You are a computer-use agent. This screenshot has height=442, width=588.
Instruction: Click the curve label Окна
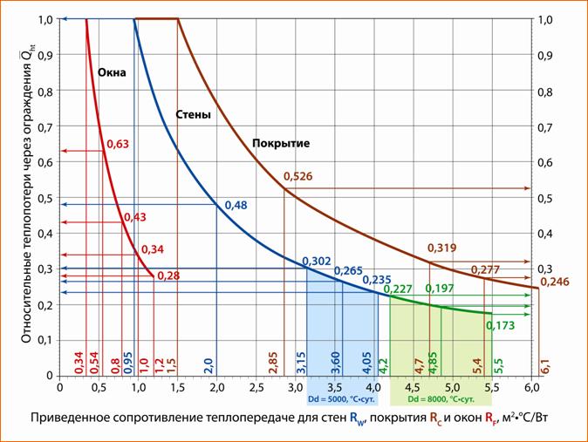(x=112, y=73)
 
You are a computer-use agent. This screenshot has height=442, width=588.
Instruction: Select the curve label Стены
(x=193, y=114)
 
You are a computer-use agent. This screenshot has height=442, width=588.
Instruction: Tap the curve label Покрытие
(x=281, y=142)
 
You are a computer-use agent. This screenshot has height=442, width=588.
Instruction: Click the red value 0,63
(x=118, y=144)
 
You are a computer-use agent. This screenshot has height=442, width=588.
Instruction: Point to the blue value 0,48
(x=236, y=205)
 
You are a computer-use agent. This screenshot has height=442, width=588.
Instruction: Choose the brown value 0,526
(x=298, y=177)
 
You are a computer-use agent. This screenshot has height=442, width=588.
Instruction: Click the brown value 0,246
(x=554, y=282)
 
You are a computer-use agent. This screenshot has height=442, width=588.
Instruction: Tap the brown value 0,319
(x=442, y=248)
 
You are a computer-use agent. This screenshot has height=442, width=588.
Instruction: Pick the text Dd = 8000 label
(x=441, y=398)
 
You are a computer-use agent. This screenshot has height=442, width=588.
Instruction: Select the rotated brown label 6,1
(x=546, y=364)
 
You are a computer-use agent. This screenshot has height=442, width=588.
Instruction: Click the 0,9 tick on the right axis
(x=546, y=55)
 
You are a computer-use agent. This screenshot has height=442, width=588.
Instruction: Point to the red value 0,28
(x=168, y=275)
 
